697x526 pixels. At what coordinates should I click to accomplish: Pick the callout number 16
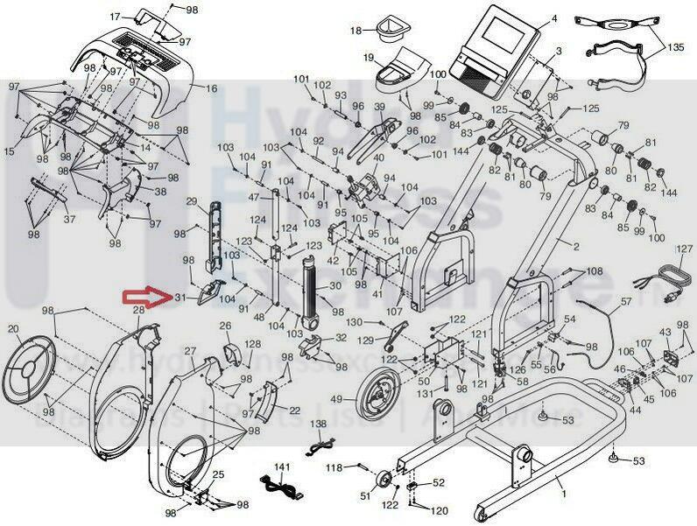pyautogui.click(x=211, y=88)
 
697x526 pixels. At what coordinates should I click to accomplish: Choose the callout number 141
pyautogui.click(x=281, y=467)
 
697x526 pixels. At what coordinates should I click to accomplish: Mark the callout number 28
pyautogui.click(x=137, y=311)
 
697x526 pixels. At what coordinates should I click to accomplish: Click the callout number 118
pyautogui.click(x=334, y=467)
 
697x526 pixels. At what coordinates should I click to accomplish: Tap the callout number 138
pyautogui.click(x=317, y=424)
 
